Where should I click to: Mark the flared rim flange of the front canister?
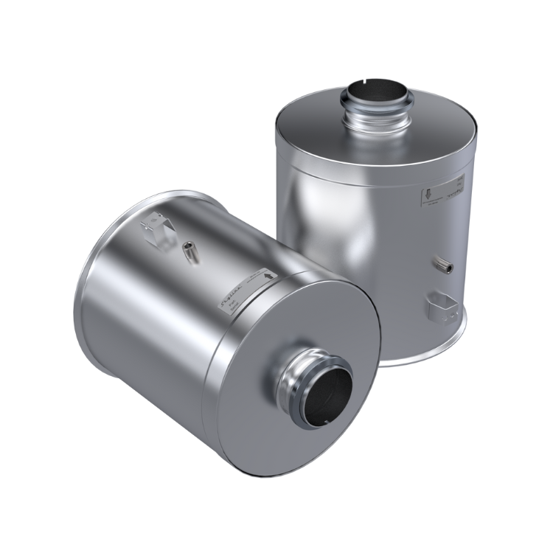coord(96,295)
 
